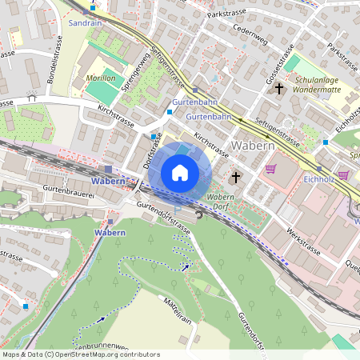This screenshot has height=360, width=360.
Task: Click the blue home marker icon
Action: pyautogui.click(x=180, y=173)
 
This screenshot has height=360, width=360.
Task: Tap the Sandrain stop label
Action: pyautogui.click(x=86, y=24)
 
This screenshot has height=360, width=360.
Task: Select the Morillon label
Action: pyautogui.click(x=101, y=79)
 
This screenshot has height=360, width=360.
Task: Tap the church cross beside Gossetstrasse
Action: pyautogui.click(x=279, y=88)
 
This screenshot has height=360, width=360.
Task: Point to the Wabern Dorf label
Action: pyautogui.click(x=220, y=201)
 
